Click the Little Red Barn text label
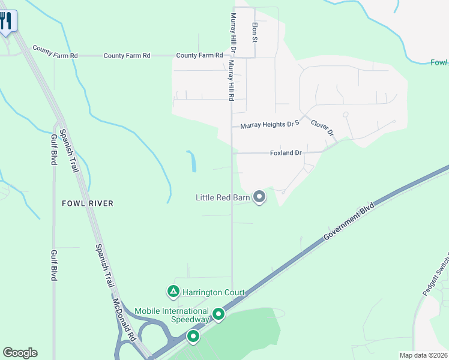pyautogui.click(x=223, y=197)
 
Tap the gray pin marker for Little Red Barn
pyautogui.click(x=259, y=196)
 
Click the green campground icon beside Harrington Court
pyautogui.click(x=173, y=292)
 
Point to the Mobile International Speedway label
pyautogui.click(x=172, y=315)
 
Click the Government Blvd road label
pyautogui.click(x=349, y=222)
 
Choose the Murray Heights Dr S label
pyautogui.click(x=270, y=126)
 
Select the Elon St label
pyautogui.click(x=255, y=32)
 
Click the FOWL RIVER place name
pyautogui.click(x=88, y=203)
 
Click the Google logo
pyautogui.click(x=20, y=353)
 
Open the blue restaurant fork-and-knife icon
pyautogui.click(x=6, y=21)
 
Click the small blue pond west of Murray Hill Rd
pyautogui.click(x=192, y=161)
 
